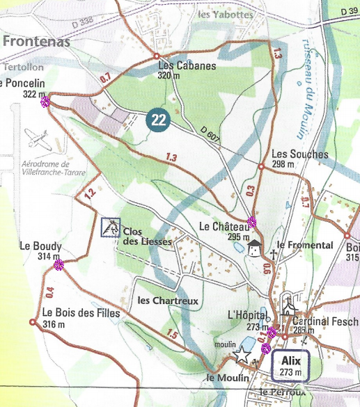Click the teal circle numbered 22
159,119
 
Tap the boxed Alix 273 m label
288,365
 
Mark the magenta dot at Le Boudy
59,264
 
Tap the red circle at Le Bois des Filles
33,322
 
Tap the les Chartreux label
169,301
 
